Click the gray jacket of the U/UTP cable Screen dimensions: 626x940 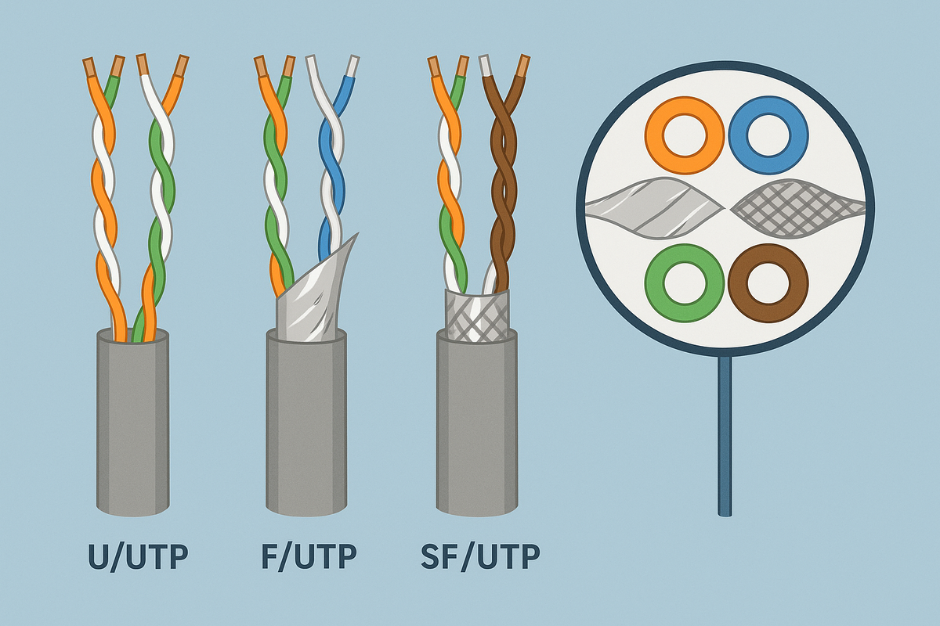coord(133,423)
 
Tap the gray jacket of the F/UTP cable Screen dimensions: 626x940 coord(305,426)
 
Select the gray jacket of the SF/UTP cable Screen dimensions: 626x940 coord(476,426)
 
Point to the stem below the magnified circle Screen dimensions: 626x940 coord(725,438)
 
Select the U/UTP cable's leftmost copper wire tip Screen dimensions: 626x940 coord(89,66)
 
